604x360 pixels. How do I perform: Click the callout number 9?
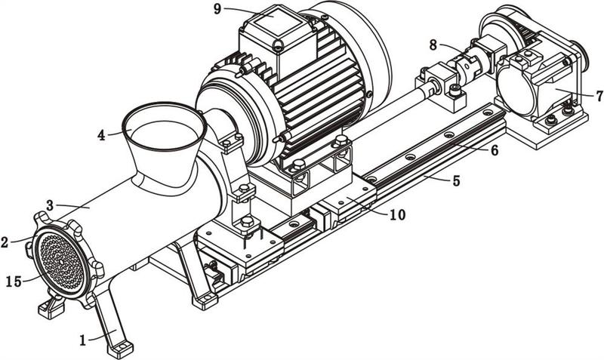(x=217, y=9)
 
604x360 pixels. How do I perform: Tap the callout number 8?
(x=433, y=45)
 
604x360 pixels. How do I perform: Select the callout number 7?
(x=599, y=96)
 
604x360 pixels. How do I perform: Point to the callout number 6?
(x=495, y=149)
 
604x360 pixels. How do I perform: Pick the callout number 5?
(x=456, y=180)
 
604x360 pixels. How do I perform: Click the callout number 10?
(x=398, y=215)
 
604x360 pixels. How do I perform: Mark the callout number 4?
(x=101, y=135)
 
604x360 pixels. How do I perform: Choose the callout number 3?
(x=50, y=205)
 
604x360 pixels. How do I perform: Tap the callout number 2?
(x=5, y=242)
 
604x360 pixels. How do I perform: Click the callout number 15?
(x=14, y=282)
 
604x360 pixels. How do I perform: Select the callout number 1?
(x=83, y=340)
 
